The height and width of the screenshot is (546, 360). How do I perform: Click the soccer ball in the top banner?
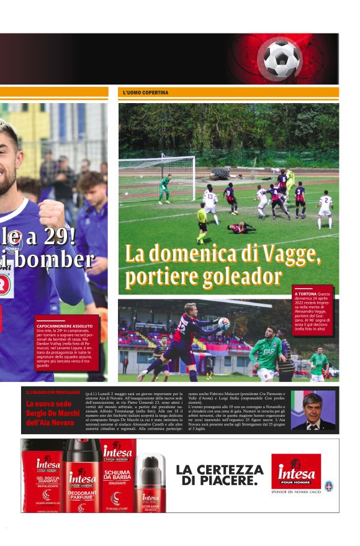281,57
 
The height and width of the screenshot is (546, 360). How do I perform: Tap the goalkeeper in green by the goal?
164,188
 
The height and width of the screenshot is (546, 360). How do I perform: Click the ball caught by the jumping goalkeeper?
223,323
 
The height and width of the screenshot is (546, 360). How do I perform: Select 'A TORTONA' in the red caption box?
305,293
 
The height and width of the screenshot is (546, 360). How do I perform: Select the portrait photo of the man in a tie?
313,411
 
